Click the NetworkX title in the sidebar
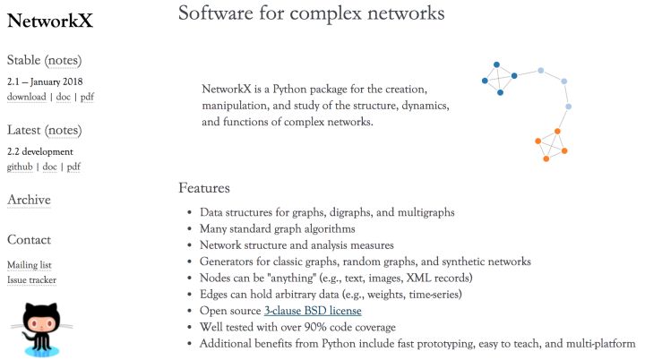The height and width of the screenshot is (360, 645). click(x=49, y=21)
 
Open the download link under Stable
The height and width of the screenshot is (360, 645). click(x=26, y=97)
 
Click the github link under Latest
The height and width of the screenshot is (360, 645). click(x=21, y=167)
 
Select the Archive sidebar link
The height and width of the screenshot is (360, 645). click(x=29, y=200)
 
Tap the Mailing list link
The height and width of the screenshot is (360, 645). click(x=30, y=265)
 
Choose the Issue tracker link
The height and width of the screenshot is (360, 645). click(x=31, y=279)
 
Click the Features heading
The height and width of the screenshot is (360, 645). click(x=204, y=188)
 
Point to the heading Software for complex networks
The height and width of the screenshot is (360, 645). click(x=311, y=13)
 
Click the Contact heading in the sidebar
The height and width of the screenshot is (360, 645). click(x=29, y=240)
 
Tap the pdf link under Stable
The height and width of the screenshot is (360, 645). click(x=87, y=97)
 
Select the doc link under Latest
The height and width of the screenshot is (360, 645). click(x=52, y=167)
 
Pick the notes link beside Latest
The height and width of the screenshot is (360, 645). click(x=63, y=131)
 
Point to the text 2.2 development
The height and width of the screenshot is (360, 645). click(x=40, y=151)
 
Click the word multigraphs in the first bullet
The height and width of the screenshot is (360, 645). click(x=424, y=213)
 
